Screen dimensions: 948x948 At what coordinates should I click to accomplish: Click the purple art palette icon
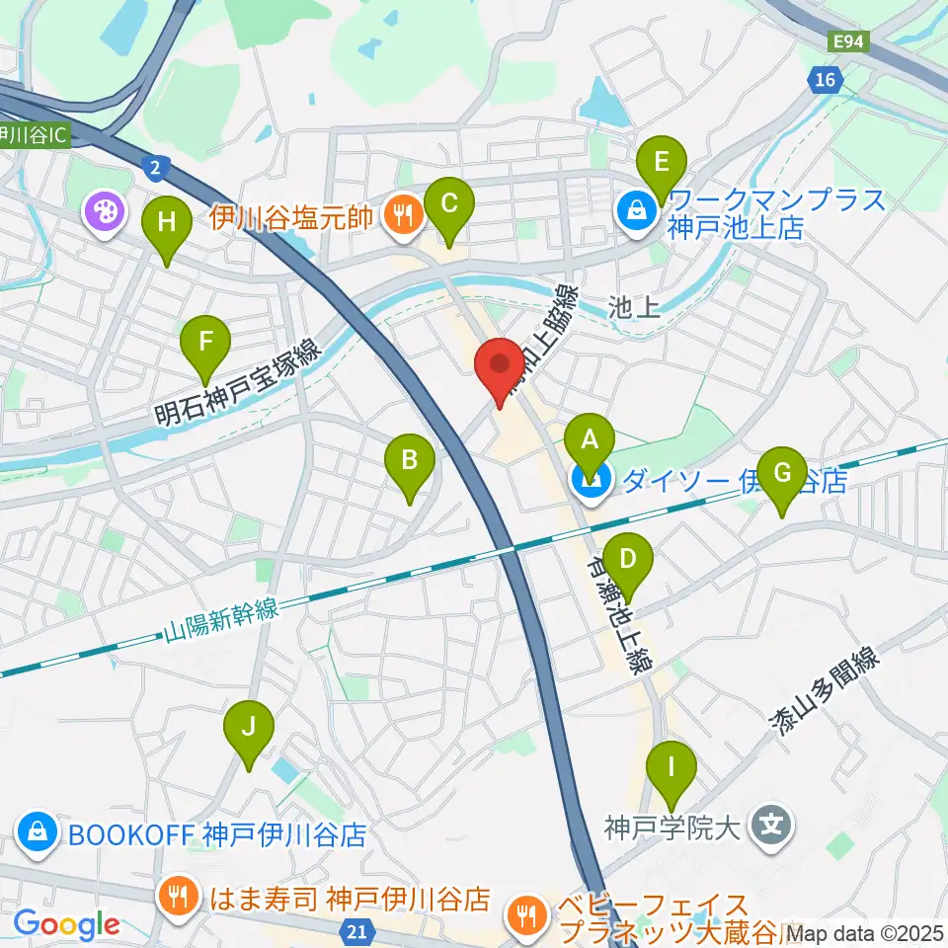103,209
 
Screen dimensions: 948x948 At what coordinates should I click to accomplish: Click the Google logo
66,924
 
